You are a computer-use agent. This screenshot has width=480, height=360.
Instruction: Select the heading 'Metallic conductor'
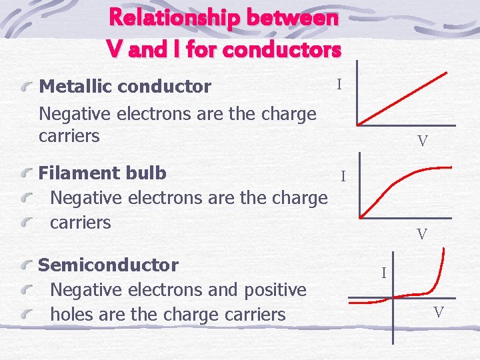pos(125,87)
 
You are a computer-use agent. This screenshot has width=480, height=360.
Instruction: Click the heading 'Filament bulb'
pos(102,173)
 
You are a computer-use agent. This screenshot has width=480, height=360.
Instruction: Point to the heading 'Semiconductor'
pos(108,265)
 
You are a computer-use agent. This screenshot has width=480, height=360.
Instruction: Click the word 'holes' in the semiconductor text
pos(72,314)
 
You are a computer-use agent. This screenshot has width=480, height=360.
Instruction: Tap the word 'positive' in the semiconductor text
pos(269,290)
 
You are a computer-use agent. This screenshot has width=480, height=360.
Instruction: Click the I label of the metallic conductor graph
pos(339,85)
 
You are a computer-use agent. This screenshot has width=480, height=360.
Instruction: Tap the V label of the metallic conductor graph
pos(422,141)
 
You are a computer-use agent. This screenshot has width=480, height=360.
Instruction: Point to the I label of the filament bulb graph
pos(343,177)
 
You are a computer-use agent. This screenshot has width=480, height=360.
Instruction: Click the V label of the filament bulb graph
pos(421,235)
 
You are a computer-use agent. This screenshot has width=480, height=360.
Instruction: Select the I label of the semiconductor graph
pos(383,273)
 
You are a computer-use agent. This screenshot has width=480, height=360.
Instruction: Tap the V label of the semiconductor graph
pos(438,312)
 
